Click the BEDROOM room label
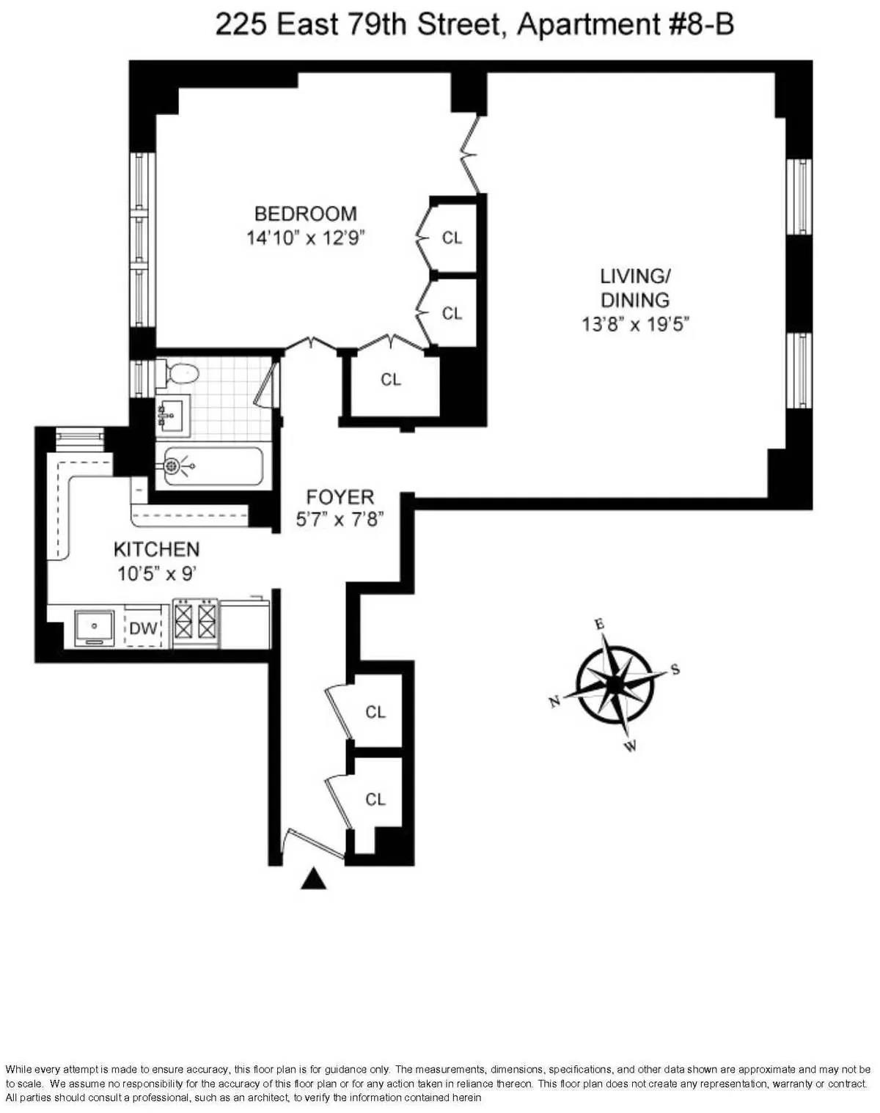click(x=305, y=213)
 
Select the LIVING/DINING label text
click(x=635, y=287)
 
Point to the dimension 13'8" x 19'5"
click(x=635, y=324)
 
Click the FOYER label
click(x=340, y=496)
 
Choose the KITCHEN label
click(x=156, y=549)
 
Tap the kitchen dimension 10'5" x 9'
click(x=156, y=573)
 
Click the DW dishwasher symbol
click(x=144, y=628)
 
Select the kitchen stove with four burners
click(x=196, y=623)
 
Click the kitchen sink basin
click(x=95, y=628)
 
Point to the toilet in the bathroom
click(x=180, y=373)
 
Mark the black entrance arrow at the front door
click(x=313, y=878)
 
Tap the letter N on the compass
click(x=555, y=701)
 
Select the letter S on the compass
click(x=675, y=669)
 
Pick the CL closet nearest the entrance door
click(x=375, y=799)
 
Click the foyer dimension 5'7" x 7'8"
click(x=340, y=520)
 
